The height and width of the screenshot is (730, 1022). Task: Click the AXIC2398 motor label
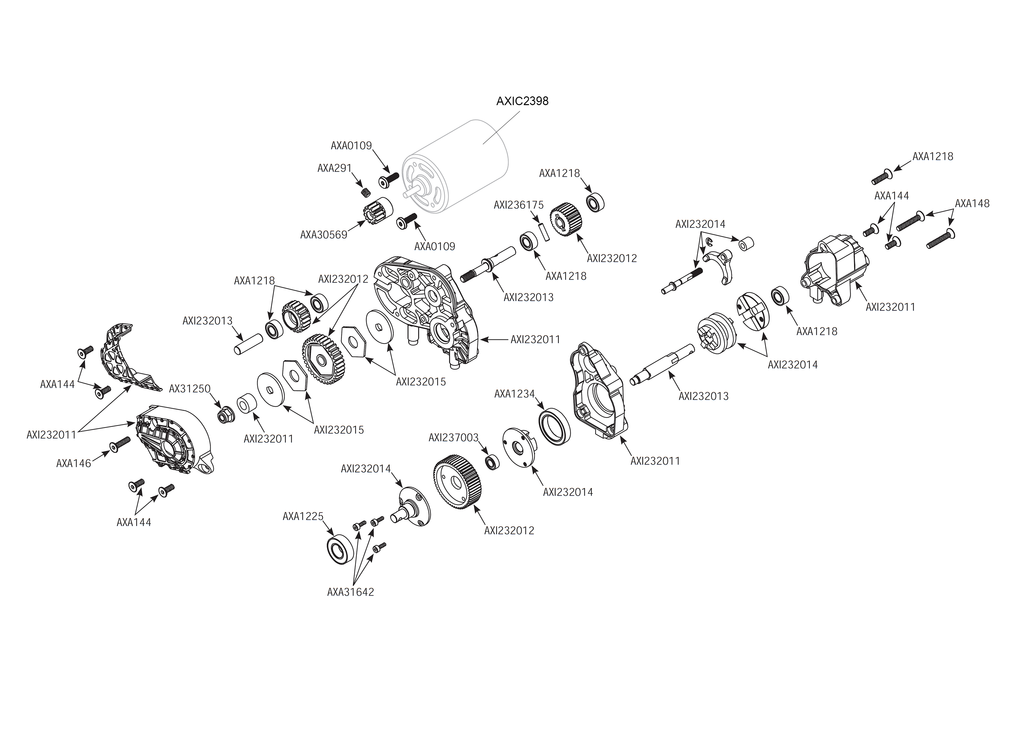click(522, 101)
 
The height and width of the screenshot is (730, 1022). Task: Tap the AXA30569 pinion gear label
click(323, 235)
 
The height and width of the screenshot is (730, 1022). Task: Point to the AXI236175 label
click(519, 205)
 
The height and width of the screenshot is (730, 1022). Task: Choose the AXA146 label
click(74, 463)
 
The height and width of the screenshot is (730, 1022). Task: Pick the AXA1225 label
click(303, 517)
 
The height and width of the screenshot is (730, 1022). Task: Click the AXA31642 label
click(350, 592)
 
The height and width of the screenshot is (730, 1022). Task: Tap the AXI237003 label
click(454, 437)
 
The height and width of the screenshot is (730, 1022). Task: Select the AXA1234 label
click(515, 394)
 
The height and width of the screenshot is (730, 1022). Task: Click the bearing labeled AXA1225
click(340, 549)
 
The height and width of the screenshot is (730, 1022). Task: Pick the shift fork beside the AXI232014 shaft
click(719, 265)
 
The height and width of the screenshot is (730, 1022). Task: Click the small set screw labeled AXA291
click(366, 192)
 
